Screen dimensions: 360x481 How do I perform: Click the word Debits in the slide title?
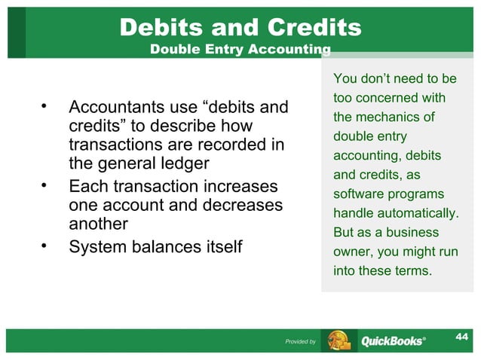tap(162, 28)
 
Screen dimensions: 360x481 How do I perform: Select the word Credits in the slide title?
tap(311, 28)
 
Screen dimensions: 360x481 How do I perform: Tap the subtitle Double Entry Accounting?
tap(240, 50)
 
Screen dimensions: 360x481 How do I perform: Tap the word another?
tap(98, 224)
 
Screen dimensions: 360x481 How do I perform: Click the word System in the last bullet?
tap(97, 246)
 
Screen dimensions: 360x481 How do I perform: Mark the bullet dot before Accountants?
tap(44, 105)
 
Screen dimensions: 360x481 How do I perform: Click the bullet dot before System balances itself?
tap(44, 244)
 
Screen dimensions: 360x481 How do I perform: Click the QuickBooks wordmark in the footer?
tap(392, 341)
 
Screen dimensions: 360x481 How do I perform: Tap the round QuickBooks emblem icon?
tap(339, 340)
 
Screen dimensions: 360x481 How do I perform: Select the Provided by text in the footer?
tap(300, 342)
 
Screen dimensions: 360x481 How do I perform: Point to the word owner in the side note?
tap(348, 250)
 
